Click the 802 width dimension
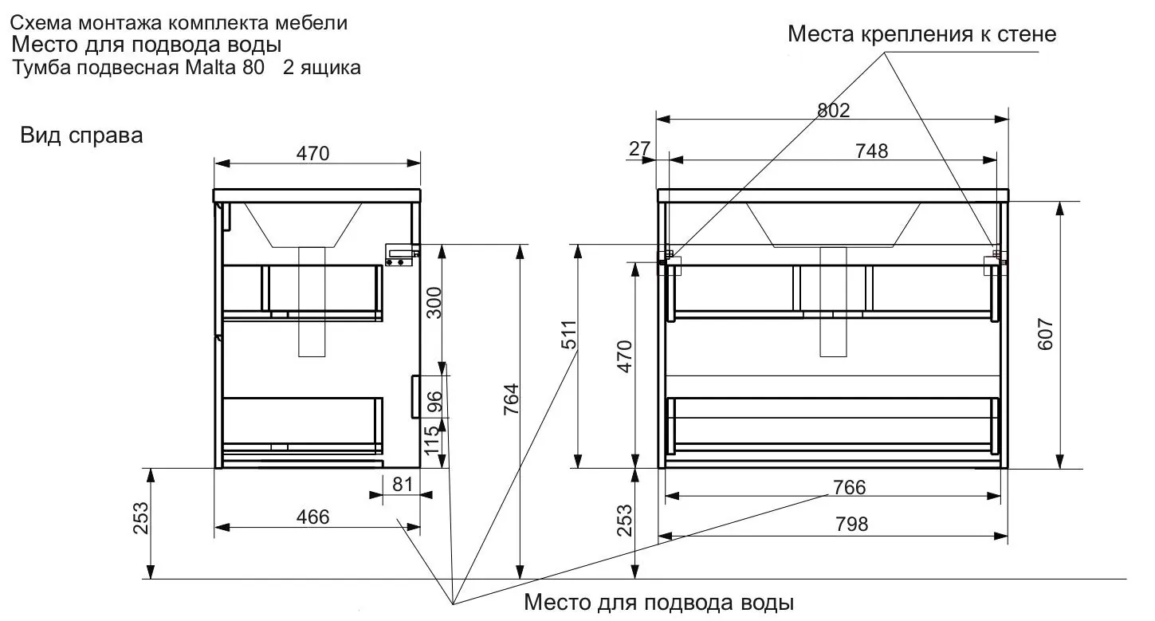[x=833, y=110]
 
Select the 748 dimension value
[x=872, y=151]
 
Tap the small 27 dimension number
[x=639, y=149]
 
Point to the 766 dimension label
[x=849, y=487]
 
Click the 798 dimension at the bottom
[x=852, y=524]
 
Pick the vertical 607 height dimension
[x=1045, y=334]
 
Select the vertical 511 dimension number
[x=569, y=335]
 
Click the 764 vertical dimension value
[x=511, y=399]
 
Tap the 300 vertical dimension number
[x=434, y=303]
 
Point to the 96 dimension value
[x=435, y=402]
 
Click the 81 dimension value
[x=403, y=485]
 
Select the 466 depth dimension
[x=312, y=517]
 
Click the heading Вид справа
[x=81, y=136]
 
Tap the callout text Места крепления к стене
[x=922, y=34]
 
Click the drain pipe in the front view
[x=833, y=302]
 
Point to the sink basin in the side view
[x=303, y=224]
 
